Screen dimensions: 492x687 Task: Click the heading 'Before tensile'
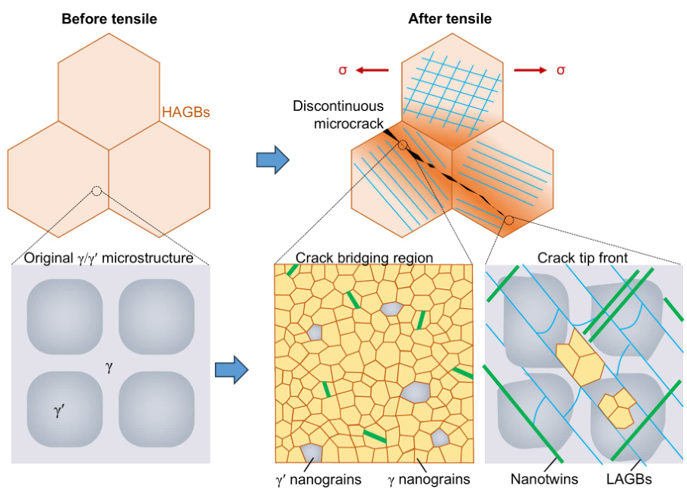pyautogui.click(x=109, y=18)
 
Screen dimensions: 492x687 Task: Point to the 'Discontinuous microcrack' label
pyautogui.click(x=338, y=114)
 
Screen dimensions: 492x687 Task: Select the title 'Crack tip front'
pyautogui.click(x=583, y=258)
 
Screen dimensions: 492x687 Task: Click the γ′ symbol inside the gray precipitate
pyautogui.click(x=61, y=412)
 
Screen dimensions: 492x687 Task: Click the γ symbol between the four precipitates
pyautogui.click(x=109, y=367)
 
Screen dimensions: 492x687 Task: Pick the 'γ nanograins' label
pyautogui.click(x=429, y=479)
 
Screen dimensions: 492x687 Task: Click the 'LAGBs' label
pyautogui.click(x=631, y=479)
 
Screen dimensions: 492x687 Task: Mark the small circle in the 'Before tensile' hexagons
pyautogui.click(x=97, y=190)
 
